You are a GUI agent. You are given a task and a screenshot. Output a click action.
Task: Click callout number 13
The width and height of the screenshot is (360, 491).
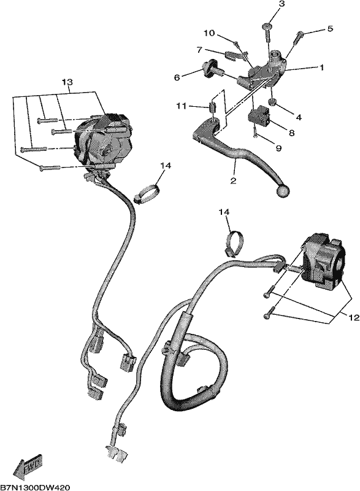(x=67, y=82)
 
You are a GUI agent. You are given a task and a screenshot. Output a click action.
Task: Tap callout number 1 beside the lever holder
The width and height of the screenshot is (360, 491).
(x=321, y=68)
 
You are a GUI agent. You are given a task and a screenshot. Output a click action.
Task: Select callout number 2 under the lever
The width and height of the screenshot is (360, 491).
(x=233, y=180)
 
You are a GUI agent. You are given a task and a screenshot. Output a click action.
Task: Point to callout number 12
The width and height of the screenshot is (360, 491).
(x=353, y=318)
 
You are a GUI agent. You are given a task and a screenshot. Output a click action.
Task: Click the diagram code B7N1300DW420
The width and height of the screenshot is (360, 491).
(x=35, y=487)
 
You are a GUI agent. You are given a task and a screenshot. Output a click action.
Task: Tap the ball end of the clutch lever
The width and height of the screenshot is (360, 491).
(x=283, y=191)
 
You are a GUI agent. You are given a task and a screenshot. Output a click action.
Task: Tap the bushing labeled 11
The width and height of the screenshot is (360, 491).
(x=212, y=108)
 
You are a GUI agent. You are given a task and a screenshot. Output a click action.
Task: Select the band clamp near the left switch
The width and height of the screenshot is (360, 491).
(x=147, y=193)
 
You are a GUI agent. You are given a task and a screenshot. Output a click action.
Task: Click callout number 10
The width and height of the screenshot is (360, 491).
(x=210, y=33)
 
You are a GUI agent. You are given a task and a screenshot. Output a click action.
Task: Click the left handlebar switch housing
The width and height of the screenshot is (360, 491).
(x=102, y=141)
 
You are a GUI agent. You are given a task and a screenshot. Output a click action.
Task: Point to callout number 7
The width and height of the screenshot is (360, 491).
(x=199, y=49)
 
